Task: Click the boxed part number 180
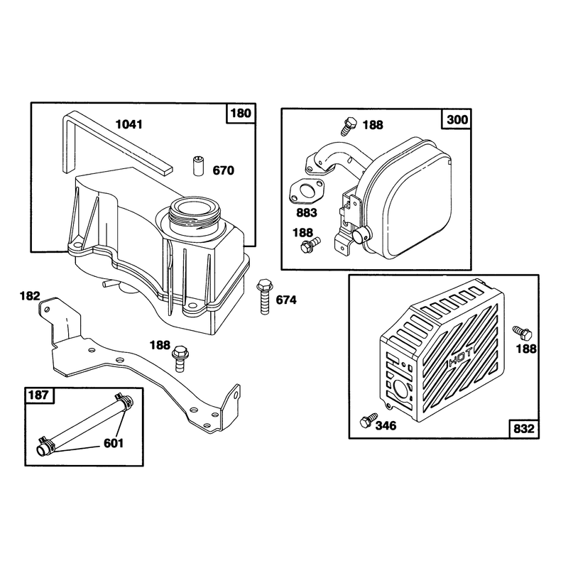tap(241, 113)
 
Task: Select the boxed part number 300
tap(457, 119)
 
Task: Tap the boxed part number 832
tap(524, 429)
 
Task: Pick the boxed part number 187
tap(38, 395)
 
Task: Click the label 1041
tap(129, 124)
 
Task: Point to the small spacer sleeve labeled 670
tap(198, 166)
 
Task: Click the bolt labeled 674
tap(264, 297)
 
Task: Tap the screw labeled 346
tap(368, 420)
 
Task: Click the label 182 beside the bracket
tap(30, 296)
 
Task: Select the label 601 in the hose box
tap(114, 443)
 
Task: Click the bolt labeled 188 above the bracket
tap(180, 359)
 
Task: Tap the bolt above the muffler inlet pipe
tap(349, 126)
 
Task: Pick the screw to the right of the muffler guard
tap(522, 332)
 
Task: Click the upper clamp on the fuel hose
tap(123, 401)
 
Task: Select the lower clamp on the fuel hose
tap(46, 444)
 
